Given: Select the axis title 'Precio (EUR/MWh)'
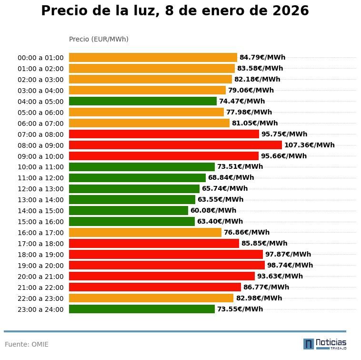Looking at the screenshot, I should tap(99, 39).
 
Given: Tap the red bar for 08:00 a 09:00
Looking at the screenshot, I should tap(175, 145).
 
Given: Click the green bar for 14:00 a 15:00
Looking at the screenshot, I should tap(129, 210).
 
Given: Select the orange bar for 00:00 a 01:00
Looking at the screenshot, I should tap(153, 58).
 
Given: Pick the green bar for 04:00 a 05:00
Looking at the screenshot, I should tap(143, 101).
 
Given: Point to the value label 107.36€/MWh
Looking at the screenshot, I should tap(309, 145).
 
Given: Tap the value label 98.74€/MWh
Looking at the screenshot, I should tap(290, 265).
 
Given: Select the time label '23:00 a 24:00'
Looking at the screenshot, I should tap(40, 309).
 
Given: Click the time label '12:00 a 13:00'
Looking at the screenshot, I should tap(40, 189).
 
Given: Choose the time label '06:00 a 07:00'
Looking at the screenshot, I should tap(40, 123).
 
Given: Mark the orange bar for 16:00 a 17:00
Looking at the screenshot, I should tap(145, 232).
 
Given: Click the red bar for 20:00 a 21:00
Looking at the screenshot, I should tap(162, 276).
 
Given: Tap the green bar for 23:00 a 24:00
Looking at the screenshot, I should tap(142, 309).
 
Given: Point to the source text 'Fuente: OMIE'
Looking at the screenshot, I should tap(27, 344).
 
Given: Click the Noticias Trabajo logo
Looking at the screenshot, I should tap(325, 344).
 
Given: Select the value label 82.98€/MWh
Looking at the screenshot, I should tap(259, 298).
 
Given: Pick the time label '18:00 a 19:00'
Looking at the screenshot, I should tap(40, 255).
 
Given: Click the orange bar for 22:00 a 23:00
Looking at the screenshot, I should tap(151, 298).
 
